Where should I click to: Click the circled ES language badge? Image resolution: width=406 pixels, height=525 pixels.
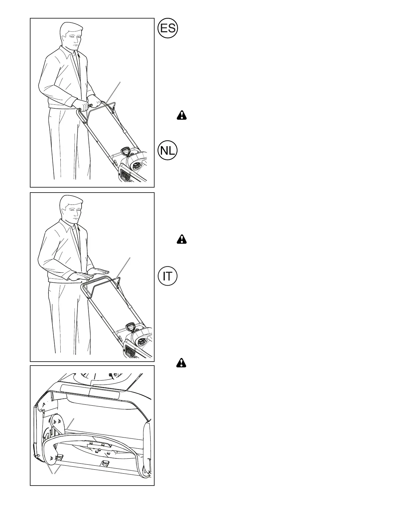(x=168, y=28)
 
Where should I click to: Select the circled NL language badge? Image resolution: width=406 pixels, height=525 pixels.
(x=168, y=151)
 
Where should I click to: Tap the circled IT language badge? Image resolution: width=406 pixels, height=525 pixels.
(x=168, y=276)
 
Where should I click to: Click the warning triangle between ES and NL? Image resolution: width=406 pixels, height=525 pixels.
(x=182, y=115)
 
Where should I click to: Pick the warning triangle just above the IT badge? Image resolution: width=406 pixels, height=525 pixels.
(x=182, y=239)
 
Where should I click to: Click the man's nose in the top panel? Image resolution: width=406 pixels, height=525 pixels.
(x=79, y=42)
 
